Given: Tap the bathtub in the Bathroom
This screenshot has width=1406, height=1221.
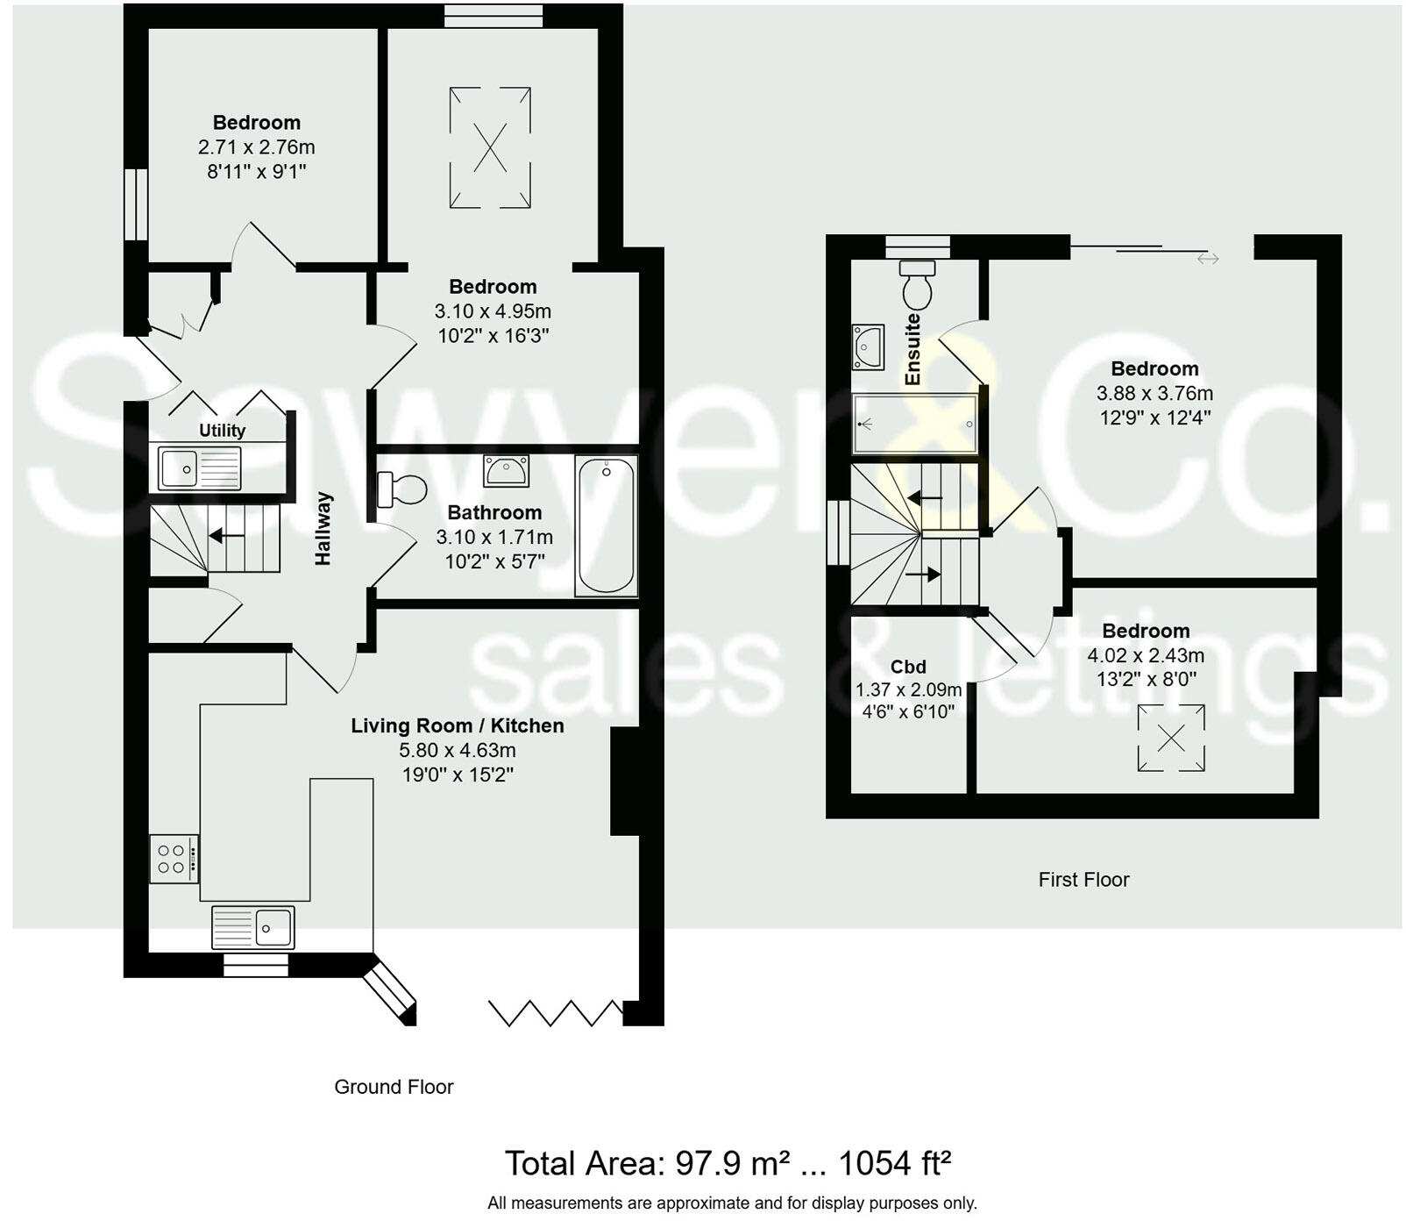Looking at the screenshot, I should tap(606, 525).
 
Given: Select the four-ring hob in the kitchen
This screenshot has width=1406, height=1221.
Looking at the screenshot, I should tap(174, 859).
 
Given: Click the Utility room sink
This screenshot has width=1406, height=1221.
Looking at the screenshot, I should tap(198, 468).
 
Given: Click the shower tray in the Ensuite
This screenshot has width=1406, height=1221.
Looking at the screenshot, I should tap(915, 424).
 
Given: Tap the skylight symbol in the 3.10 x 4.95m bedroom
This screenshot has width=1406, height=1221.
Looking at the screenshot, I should tap(490, 147).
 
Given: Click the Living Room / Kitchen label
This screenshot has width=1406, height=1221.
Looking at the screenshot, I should tap(457, 725).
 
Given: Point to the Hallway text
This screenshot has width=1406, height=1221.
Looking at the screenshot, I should tap(323, 528).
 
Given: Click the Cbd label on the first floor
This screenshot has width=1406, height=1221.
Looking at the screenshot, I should tap(908, 666).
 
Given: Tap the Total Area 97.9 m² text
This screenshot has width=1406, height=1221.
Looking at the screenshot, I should tap(728, 1163).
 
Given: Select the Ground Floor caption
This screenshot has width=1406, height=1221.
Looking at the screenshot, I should tap(394, 1087).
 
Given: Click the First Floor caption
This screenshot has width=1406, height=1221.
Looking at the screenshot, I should tap(1083, 879).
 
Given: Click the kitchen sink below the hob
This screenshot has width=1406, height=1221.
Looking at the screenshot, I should tap(253, 927).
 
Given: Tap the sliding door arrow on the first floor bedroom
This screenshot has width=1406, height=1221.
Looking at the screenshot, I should tap(1208, 258).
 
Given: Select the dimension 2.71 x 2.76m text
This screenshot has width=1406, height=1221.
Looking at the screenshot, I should tap(256, 146).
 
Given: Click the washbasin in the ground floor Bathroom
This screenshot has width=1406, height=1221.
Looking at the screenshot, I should tap(506, 471).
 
